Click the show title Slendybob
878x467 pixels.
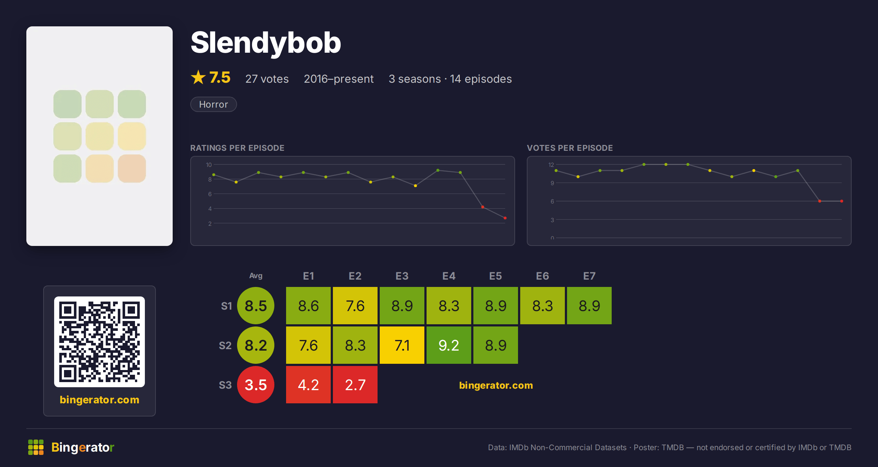tap(266, 43)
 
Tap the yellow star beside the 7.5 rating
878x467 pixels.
tap(198, 77)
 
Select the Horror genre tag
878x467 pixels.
tap(214, 104)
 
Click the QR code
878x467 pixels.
tap(100, 342)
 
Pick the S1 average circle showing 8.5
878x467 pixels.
tap(256, 306)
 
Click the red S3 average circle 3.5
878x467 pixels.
tap(256, 385)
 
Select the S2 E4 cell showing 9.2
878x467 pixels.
tap(449, 345)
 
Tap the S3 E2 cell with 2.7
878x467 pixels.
tap(355, 385)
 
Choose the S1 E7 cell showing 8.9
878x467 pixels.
tap(589, 306)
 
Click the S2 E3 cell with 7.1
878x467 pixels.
tap(402, 345)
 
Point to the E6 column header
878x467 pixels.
tap(543, 276)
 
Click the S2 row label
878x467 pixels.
tap(225, 345)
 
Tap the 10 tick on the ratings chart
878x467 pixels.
tap(209, 165)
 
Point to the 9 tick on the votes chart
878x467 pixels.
tap(552, 183)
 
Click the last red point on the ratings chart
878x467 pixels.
tap(505, 218)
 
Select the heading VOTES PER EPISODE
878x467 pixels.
tap(570, 148)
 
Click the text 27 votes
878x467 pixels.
tap(267, 79)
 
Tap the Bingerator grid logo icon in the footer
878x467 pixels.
tap(36, 447)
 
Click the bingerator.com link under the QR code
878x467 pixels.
tap(100, 400)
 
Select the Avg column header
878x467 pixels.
tap(256, 276)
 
